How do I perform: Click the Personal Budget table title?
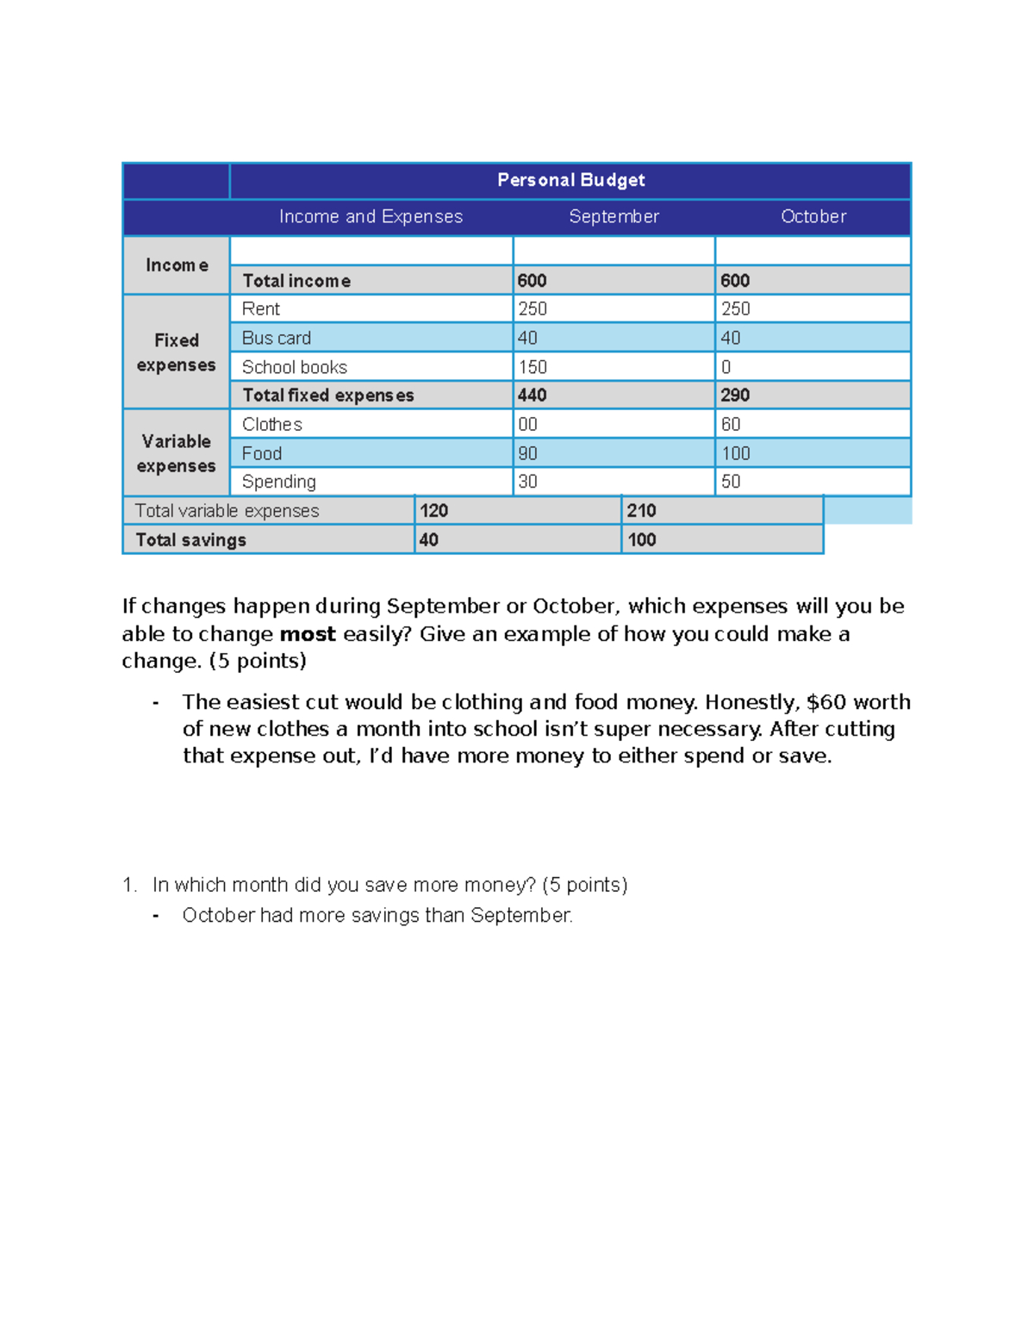coord(570,180)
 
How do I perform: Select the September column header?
coord(614,216)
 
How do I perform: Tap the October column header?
coord(813,216)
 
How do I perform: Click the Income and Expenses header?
coord(371,216)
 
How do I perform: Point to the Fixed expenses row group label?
coord(177,352)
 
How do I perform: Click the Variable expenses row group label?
coord(177,453)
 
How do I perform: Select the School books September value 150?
coord(533,367)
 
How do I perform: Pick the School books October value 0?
coord(726,367)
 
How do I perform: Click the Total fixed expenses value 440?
coord(533,395)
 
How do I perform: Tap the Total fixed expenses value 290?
coord(735,395)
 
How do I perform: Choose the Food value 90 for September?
coord(527,453)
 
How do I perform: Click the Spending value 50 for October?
coord(731,482)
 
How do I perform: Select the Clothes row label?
coord(272,424)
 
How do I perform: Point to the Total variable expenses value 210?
coord(642,511)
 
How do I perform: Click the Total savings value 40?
coord(429,540)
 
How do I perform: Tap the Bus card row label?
coord(277,338)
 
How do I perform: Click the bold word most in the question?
coord(308,634)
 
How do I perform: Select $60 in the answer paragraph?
coord(825,702)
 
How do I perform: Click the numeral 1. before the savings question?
coord(129,885)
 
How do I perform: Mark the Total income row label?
coord(296,281)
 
